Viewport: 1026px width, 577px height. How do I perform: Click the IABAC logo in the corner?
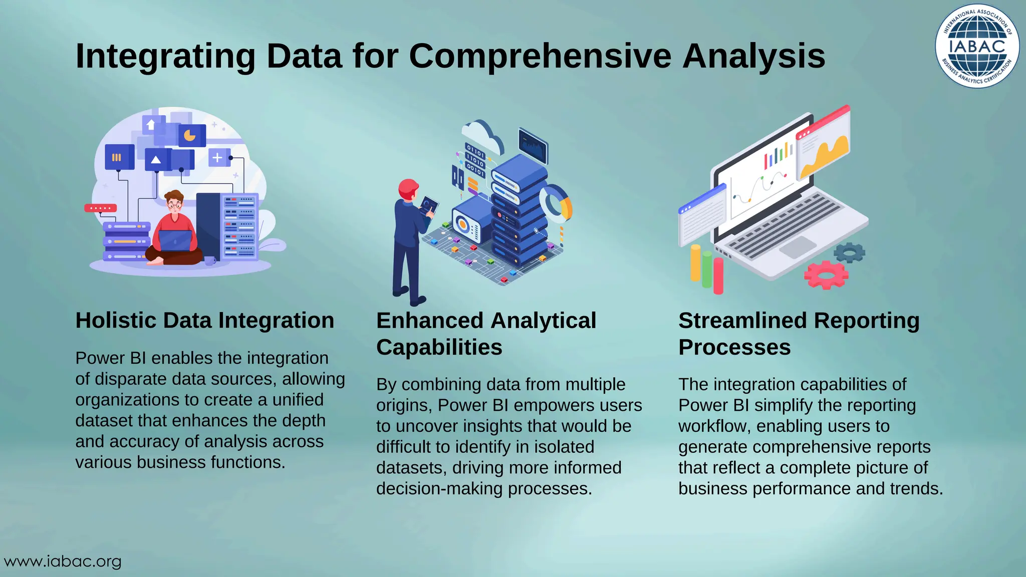[977, 46]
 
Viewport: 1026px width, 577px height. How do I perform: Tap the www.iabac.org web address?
[63, 561]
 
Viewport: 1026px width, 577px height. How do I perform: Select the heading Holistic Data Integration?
[204, 321]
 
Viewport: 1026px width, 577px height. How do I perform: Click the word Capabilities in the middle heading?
[439, 347]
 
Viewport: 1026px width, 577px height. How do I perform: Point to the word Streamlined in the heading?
[742, 321]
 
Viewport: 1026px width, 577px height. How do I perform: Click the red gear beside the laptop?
[826, 274]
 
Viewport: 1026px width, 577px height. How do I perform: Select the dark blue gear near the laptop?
[850, 252]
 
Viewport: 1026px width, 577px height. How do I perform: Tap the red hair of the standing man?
[408, 188]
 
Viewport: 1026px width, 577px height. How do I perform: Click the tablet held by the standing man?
[429, 205]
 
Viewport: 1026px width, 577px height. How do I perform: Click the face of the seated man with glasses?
[174, 205]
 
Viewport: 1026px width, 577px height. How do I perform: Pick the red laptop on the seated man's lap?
[175, 240]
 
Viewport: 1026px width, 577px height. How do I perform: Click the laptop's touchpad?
[798, 247]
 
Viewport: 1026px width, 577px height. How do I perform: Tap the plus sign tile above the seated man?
[217, 158]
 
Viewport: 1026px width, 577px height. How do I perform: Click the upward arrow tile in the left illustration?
[151, 124]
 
